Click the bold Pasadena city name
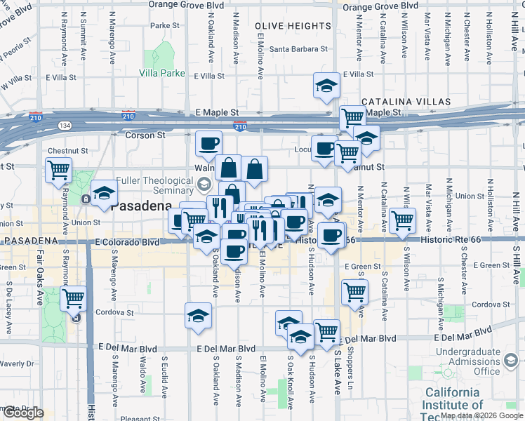141,206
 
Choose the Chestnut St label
67,151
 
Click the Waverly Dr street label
17,363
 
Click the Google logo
22,413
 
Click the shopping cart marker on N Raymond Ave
59,169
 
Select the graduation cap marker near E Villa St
326,86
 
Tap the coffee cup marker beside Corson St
208,144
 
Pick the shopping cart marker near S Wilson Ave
402,220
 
